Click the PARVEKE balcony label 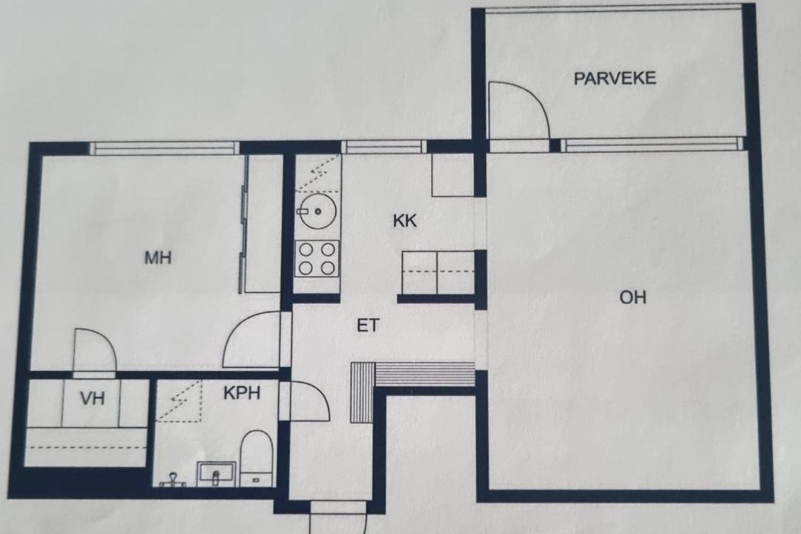[x=615, y=78]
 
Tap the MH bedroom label [x=158, y=257]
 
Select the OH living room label [x=633, y=297]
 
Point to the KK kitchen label [x=405, y=221]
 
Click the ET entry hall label [x=369, y=326]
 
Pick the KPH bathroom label [x=242, y=392]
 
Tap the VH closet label [x=93, y=398]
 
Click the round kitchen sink [x=317, y=211]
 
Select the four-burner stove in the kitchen [x=317, y=259]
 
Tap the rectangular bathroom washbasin [x=216, y=473]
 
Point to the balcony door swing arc [x=531, y=96]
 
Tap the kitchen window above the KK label [x=383, y=147]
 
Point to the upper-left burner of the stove [x=306, y=250]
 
